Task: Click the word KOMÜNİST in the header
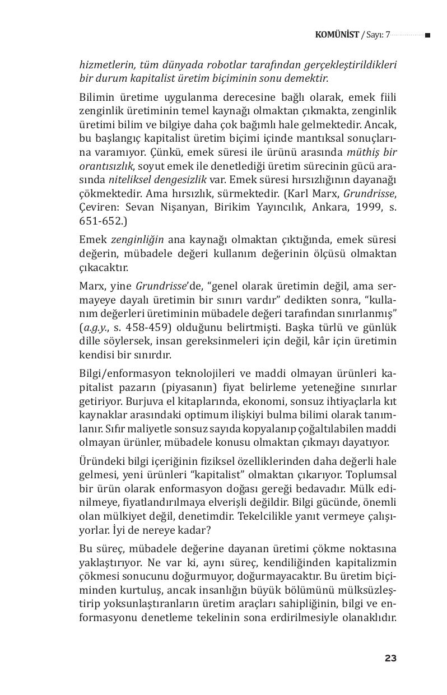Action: pyautogui.click(x=337, y=35)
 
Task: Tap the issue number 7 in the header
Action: pyautogui.click(x=388, y=35)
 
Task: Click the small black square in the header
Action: pyautogui.click(x=427, y=35)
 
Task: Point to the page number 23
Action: pyautogui.click(x=390, y=658)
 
